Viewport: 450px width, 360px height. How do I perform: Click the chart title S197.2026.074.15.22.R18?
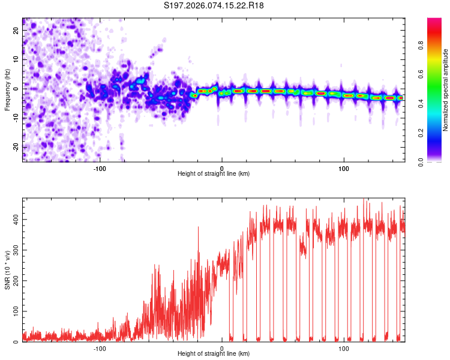(214, 5)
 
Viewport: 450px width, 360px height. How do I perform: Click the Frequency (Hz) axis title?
(7, 89)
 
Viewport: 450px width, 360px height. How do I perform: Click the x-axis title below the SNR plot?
(214, 354)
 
